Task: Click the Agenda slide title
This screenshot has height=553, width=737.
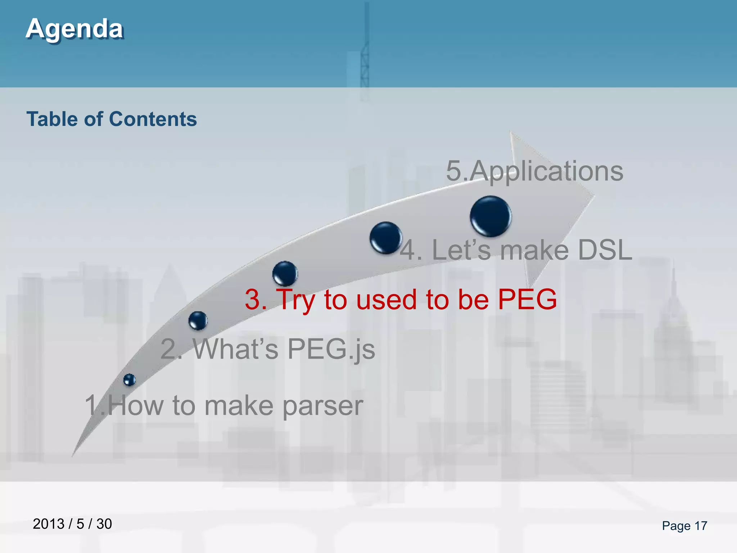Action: click(74, 29)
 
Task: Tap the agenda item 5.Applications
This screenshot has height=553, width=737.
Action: click(534, 171)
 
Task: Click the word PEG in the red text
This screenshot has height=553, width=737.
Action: click(527, 300)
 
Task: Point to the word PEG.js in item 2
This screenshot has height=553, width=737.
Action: click(331, 349)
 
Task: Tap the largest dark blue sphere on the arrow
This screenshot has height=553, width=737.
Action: click(490, 216)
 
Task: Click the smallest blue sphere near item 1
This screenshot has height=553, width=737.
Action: click(129, 380)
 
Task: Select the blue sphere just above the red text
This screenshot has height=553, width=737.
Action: click(285, 273)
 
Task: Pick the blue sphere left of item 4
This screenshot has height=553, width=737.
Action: click(385, 238)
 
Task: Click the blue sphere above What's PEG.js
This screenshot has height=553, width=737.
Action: click(198, 320)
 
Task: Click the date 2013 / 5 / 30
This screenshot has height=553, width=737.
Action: click(72, 524)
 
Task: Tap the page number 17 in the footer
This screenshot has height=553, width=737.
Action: click(700, 526)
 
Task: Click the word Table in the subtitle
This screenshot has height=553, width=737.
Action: click(52, 119)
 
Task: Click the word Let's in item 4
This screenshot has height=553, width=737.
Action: click(461, 250)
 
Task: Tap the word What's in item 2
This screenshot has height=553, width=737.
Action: click(236, 349)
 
